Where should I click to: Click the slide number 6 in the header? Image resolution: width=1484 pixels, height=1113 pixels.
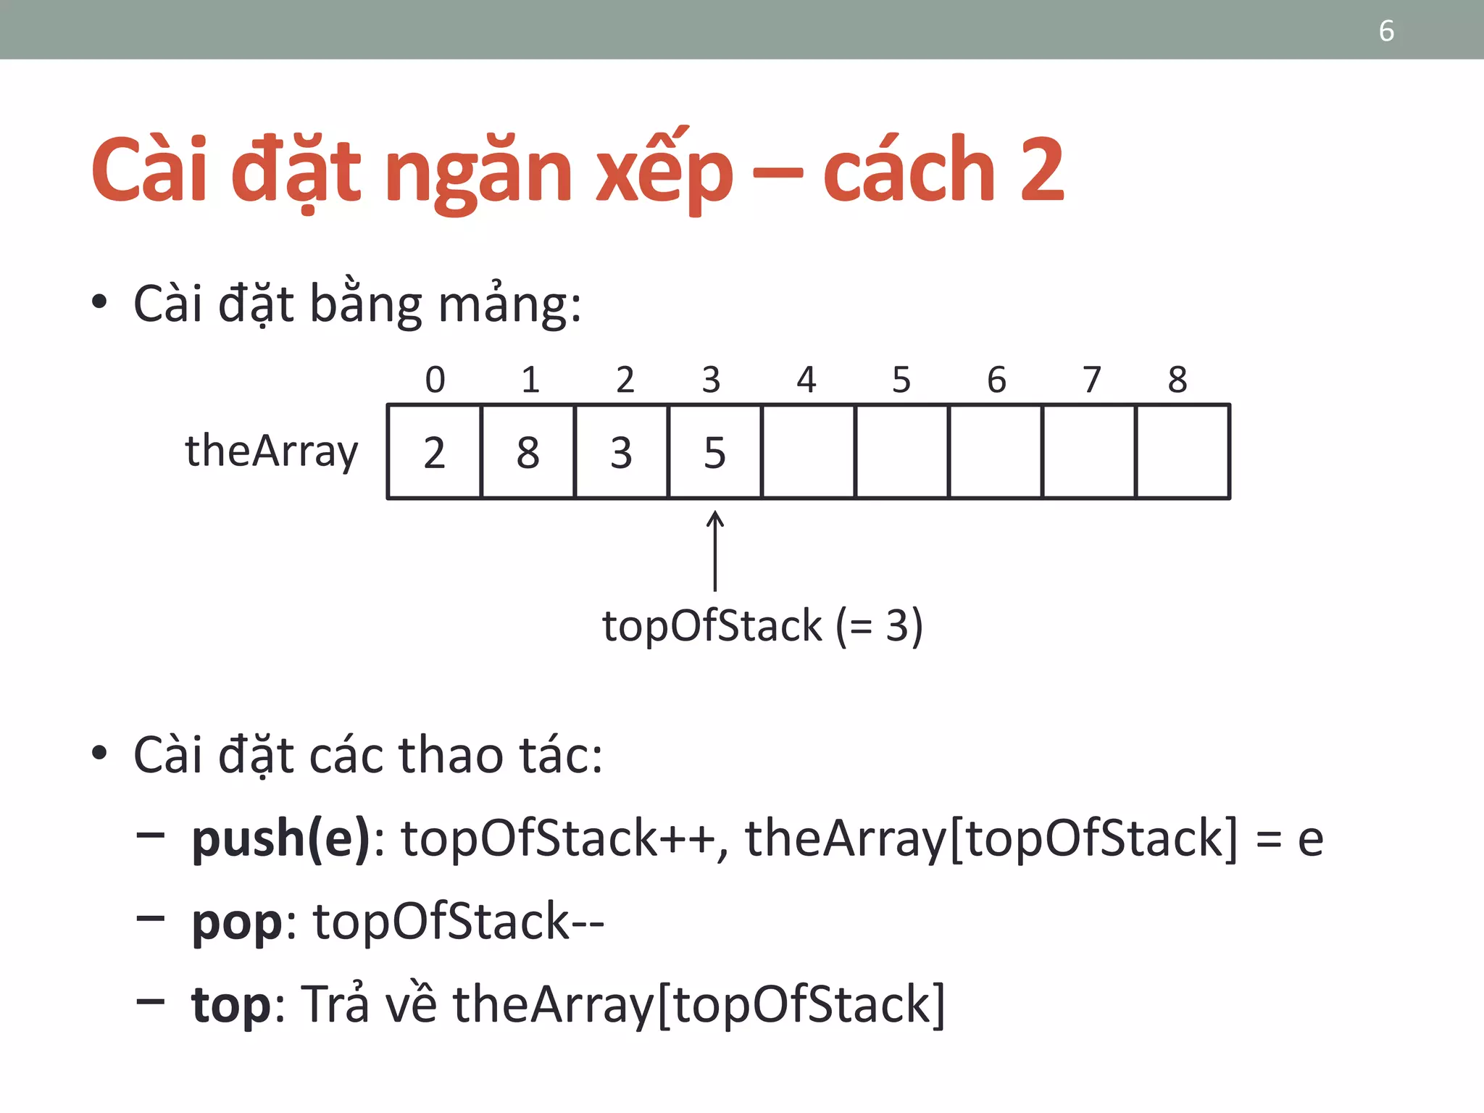pyautogui.click(x=1386, y=31)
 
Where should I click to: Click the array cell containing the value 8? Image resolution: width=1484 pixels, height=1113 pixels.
pyautogui.click(x=528, y=452)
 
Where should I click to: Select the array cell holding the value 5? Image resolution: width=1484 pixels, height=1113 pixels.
pyautogui.click(x=714, y=452)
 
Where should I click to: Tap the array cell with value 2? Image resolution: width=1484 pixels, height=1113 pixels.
pyautogui.click(x=434, y=452)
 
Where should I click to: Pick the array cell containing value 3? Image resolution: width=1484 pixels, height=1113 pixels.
pyautogui.click(x=621, y=452)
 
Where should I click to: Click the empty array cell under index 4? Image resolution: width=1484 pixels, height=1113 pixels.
pyautogui.click(x=808, y=452)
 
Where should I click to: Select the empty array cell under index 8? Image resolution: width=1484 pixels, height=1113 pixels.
pyautogui.click(x=1183, y=452)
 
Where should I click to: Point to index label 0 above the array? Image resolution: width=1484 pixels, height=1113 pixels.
pyautogui.click(x=435, y=380)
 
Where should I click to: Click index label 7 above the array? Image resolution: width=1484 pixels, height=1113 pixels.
pyautogui.click(x=1091, y=380)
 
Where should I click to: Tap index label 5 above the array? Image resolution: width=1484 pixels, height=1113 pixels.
pyautogui.click(x=901, y=380)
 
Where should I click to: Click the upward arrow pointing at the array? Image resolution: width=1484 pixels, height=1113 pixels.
pyautogui.click(x=715, y=551)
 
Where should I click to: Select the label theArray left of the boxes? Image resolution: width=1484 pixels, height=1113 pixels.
pyautogui.click(x=272, y=452)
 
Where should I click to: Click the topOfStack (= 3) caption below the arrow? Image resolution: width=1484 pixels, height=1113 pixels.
pyautogui.click(x=762, y=626)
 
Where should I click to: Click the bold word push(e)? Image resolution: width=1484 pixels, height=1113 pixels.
pyautogui.click(x=281, y=839)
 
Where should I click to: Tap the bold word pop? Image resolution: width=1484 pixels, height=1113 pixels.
pyautogui.click(x=236, y=923)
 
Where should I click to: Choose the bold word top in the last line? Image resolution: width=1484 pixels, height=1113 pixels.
pyautogui.click(x=231, y=1006)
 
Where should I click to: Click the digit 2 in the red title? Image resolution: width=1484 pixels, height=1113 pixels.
pyautogui.click(x=1042, y=171)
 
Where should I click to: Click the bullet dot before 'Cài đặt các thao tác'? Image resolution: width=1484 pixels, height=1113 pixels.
pyautogui.click(x=100, y=754)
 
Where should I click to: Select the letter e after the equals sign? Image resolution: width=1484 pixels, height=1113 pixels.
pyautogui.click(x=1310, y=839)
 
